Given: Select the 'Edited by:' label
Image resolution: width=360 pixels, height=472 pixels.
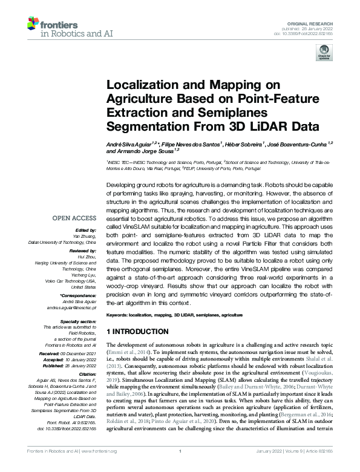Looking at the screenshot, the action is click(x=87, y=231).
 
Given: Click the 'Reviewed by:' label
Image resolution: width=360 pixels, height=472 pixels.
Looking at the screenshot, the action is click(x=83, y=250).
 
